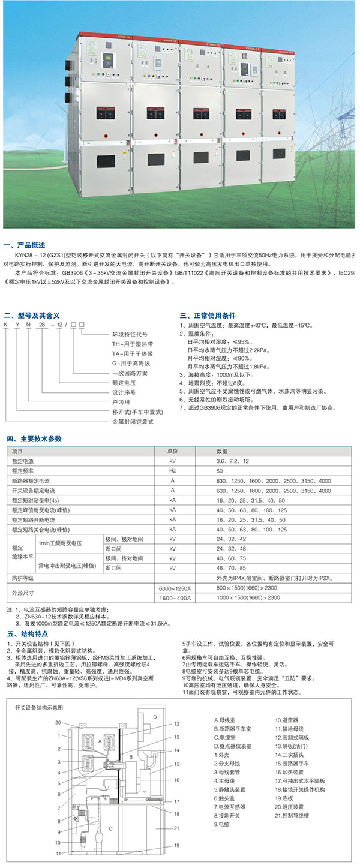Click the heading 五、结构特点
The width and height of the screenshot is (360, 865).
click(25, 633)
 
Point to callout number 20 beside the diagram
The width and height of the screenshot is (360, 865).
click(59, 722)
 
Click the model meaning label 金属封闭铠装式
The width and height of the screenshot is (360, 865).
click(133, 422)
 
